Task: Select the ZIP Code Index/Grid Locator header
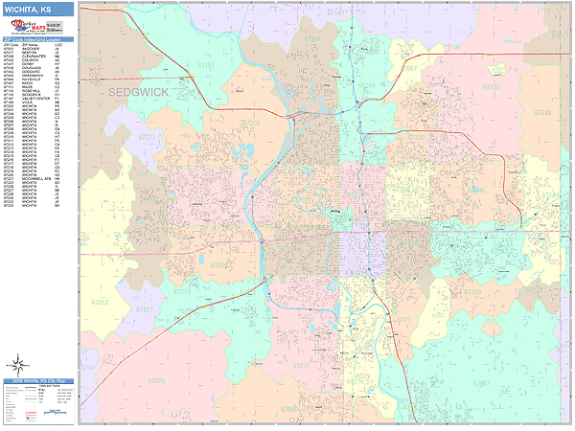point(37,39)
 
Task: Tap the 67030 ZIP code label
point(92,59)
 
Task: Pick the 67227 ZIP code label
point(145,310)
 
